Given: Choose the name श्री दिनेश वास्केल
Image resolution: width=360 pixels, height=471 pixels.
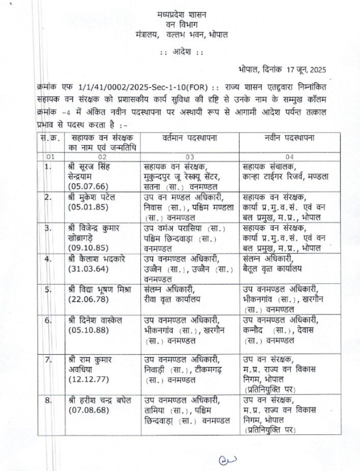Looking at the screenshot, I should (98, 320).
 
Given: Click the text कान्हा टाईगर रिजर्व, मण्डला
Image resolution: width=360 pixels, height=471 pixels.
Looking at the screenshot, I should (286, 176).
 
